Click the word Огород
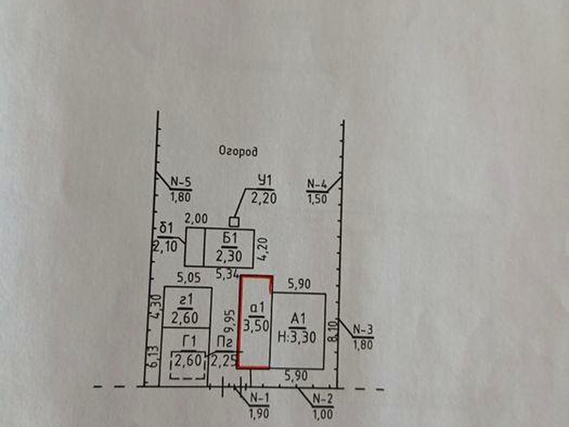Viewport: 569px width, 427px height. [x=238, y=152]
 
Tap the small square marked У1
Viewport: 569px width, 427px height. [x=234, y=222]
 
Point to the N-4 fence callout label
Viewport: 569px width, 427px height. [x=317, y=184]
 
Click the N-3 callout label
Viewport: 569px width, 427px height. [x=363, y=330]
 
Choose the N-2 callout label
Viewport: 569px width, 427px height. [x=323, y=399]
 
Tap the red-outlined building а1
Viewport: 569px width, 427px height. [x=255, y=322]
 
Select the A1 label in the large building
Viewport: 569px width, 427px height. [x=298, y=320]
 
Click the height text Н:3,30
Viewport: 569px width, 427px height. [x=297, y=338]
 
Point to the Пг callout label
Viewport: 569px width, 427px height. [x=224, y=343]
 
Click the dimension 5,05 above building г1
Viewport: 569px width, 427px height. [x=189, y=278]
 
